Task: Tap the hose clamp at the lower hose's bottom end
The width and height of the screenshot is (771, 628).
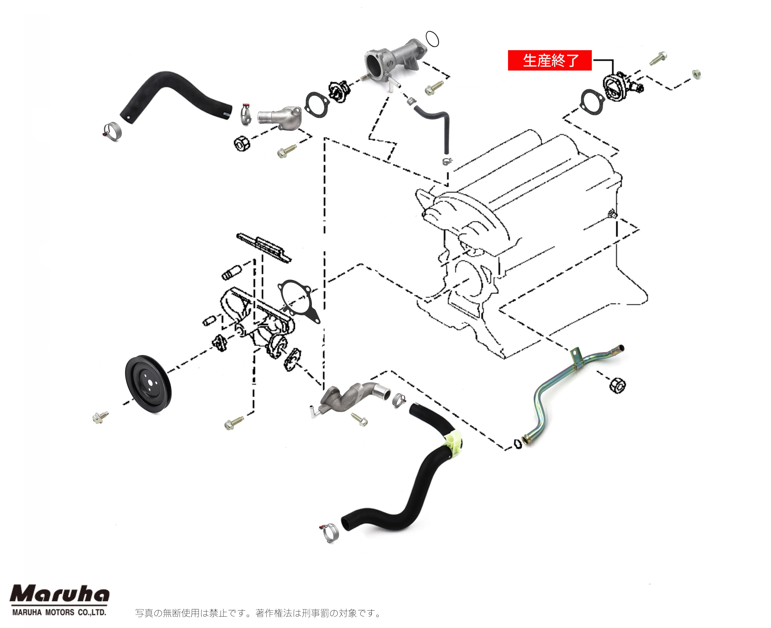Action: [x=329, y=532]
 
